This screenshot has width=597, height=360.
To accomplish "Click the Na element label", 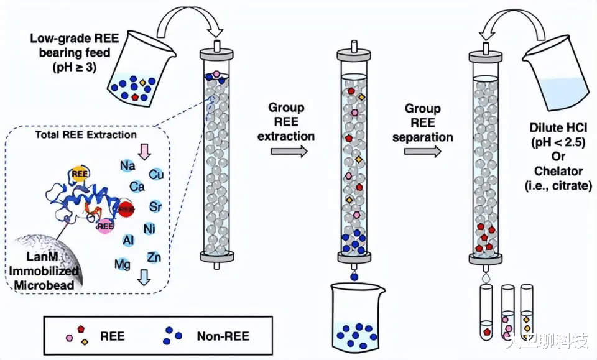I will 128,165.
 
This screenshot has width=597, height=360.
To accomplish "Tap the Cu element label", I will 157,175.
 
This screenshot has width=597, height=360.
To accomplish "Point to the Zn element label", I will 154,257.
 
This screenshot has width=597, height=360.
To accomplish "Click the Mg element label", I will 123,264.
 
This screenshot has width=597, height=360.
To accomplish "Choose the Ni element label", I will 149,228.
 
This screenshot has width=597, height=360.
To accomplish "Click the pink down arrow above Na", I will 144,150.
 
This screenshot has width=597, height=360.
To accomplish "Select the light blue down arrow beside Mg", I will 144,277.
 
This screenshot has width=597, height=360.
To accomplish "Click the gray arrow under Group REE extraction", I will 290,151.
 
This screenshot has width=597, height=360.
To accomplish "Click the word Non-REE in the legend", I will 223,336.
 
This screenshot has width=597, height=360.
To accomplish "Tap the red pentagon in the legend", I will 80,328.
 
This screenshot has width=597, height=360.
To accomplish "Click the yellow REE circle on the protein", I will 79,175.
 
